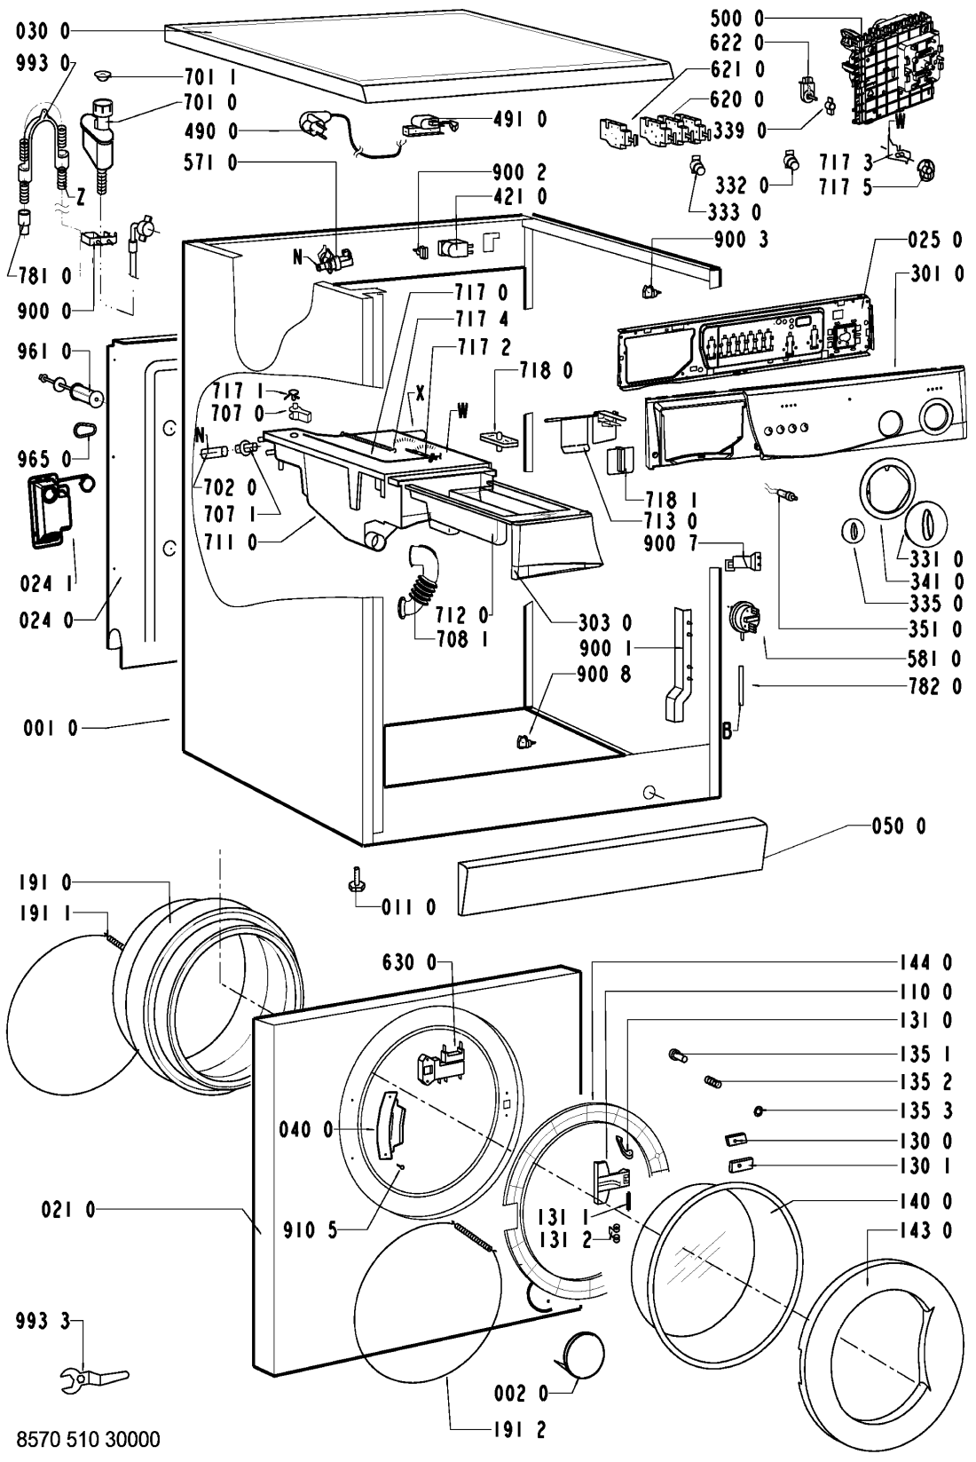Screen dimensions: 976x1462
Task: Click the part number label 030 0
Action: [x=43, y=31]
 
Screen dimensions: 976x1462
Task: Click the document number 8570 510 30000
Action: [x=88, y=1439]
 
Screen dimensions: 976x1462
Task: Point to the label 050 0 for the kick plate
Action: [x=898, y=826]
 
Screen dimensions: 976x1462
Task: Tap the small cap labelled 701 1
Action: [x=104, y=75]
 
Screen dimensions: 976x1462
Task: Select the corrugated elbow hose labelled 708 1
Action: [x=416, y=578]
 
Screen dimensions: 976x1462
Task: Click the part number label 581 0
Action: [x=934, y=660]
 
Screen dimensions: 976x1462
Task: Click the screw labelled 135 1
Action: [x=677, y=1055]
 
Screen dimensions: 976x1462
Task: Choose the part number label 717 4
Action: [x=482, y=320]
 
